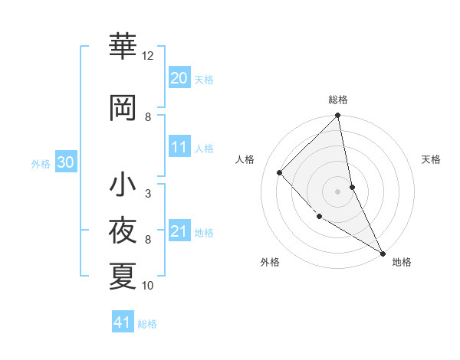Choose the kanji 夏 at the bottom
coord(123,277)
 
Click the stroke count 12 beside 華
coord(148,56)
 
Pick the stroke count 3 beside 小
coord(148,194)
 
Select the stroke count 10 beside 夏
coord(148,286)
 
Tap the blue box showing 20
coord(179,78)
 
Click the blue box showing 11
coord(179,148)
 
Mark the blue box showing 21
coord(179,231)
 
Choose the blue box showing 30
coord(65,163)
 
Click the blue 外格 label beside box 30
coord(41,164)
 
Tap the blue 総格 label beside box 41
coord(147,324)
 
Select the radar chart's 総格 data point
coord(337,116)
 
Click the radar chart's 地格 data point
coord(382,253)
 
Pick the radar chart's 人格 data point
coord(280,172)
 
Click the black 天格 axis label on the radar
coord(431,159)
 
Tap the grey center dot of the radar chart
coord(337,191)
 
